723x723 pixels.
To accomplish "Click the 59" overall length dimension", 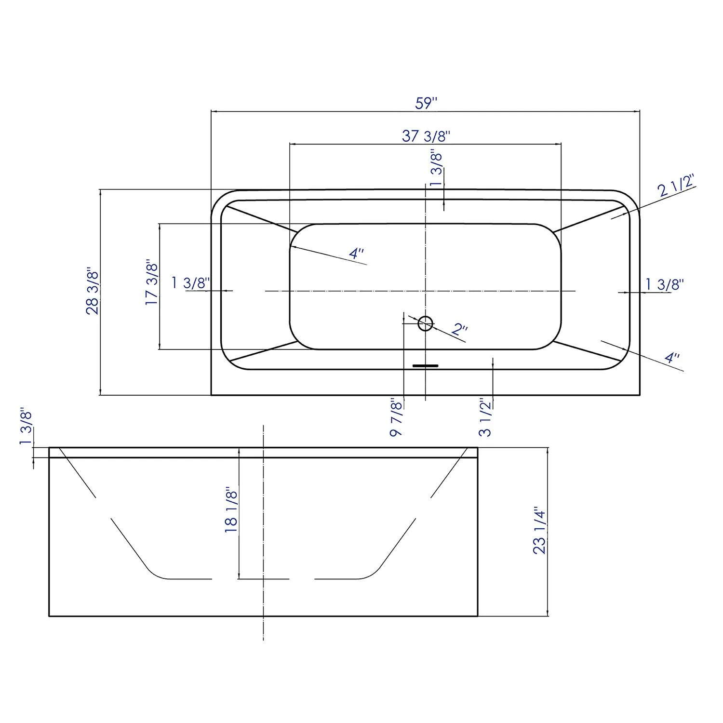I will point(426,103).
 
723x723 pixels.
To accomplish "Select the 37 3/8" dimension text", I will point(426,136).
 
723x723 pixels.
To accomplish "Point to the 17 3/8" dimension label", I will point(152,282).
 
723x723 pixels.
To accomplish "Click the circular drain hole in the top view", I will point(425,323).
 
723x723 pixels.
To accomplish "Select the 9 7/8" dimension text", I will point(396,417).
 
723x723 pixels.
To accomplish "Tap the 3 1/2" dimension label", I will point(485,417).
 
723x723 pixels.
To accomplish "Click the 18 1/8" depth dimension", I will point(231,510).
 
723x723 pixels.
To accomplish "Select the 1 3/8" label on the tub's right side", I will point(665,284).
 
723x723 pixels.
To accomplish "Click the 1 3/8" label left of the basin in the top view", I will point(190,282).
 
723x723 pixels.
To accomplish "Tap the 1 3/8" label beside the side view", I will point(26,428).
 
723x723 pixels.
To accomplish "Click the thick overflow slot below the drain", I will point(425,366).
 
